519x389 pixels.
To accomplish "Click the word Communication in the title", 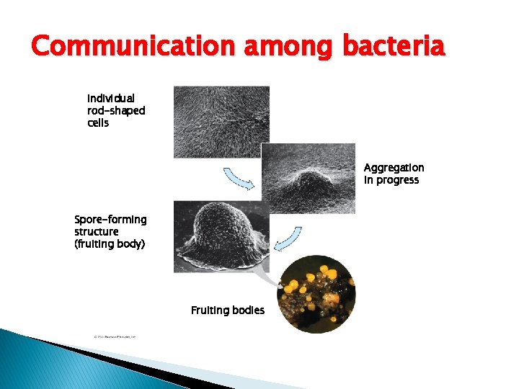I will tap(133, 48).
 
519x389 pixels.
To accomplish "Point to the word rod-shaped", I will tap(116, 110).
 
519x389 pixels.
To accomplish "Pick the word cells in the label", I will tap(98, 122).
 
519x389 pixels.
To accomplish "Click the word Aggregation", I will tap(394, 167).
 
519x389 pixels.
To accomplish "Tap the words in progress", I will tap(391, 180).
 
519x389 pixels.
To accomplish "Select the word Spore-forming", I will tap(110, 219).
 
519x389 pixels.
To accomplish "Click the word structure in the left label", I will tap(96, 231).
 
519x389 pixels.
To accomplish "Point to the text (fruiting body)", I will tap(110, 243).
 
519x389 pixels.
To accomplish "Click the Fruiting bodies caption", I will tap(227, 310).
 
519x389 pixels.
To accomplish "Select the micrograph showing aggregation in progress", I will tap(309, 179).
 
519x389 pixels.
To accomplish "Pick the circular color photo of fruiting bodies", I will tap(316, 294).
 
